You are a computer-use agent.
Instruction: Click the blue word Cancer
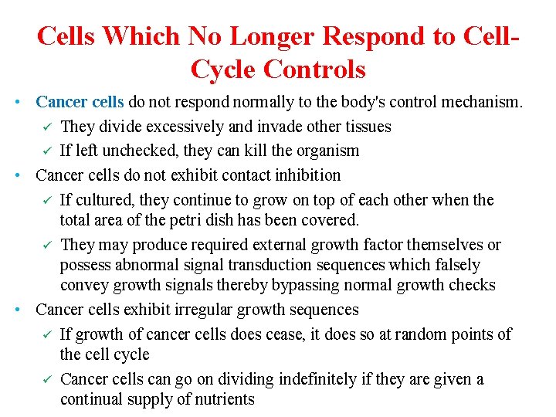62,102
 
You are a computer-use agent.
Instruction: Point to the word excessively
186,126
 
